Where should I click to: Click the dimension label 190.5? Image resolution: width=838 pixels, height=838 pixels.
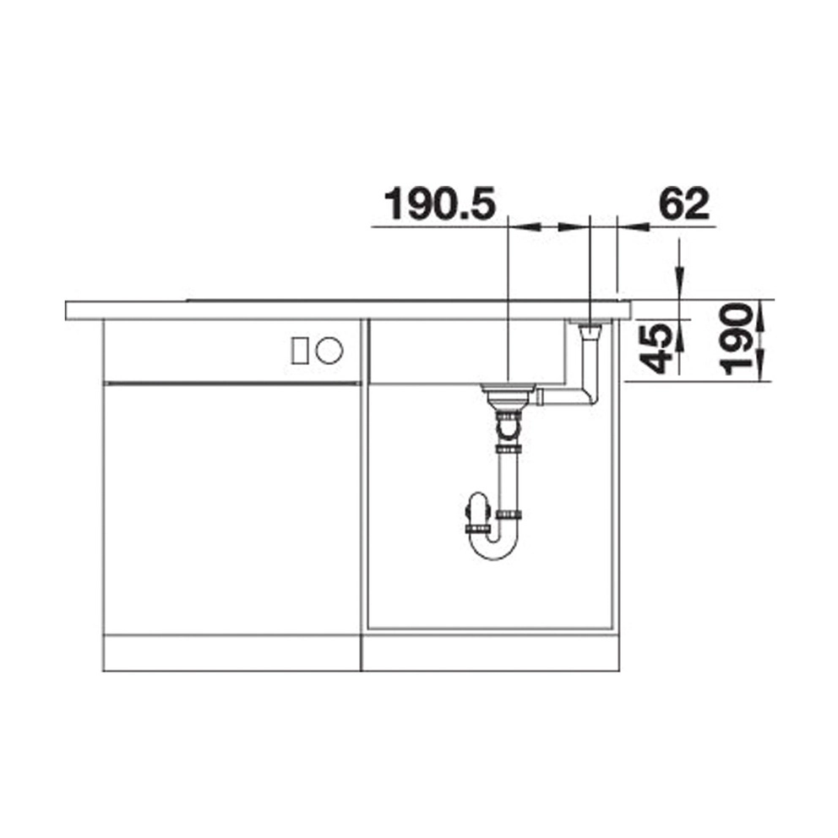440,204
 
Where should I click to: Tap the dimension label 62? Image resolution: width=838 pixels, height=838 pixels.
684,204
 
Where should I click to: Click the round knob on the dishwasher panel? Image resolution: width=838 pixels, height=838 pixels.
329,351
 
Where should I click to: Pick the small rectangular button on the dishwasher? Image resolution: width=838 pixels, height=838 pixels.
299,351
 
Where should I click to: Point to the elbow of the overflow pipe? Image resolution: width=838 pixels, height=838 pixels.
590,396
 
